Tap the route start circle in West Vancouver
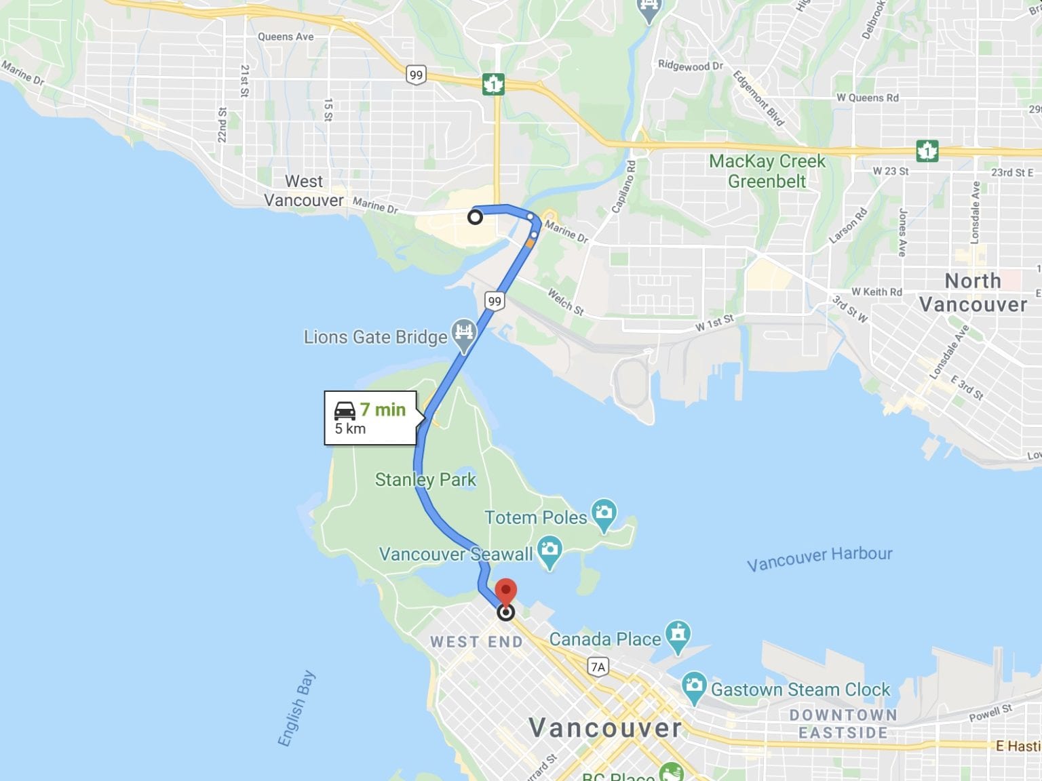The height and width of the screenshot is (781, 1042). click(x=475, y=217)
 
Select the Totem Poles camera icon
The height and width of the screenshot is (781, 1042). click(x=603, y=515)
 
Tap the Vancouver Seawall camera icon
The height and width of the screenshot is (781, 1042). click(x=549, y=551)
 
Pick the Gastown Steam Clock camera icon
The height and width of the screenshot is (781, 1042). click(x=693, y=687)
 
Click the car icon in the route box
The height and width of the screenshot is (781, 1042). click(x=345, y=410)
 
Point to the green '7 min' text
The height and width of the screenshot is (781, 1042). click(x=383, y=409)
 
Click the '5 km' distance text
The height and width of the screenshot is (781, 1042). click(x=350, y=429)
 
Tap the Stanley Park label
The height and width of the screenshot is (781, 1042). click(x=425, y=480)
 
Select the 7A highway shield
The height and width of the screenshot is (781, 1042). click(x=598, y=667)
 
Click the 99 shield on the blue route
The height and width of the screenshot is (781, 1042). click(x=495, y=301)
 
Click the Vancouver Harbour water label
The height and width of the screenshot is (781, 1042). click(x=819, y=558)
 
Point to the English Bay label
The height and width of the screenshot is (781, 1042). click(x=296, y=708)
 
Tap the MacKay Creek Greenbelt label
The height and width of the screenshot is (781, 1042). click(x=767, y=172)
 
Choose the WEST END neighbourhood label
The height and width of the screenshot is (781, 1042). click(x=476, y=642)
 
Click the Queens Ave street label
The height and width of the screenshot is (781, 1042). click(x=286, y=37)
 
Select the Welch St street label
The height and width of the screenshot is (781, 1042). click(x=565, y=302)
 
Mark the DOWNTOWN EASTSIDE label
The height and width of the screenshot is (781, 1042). click(x=843, y=724)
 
